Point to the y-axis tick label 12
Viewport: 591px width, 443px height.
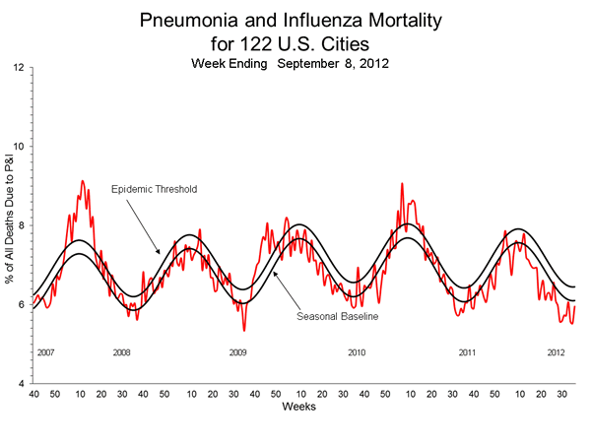pos(19,68)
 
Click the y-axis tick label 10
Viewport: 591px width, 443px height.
pos(19,147)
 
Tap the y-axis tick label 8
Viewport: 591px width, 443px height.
pos(22,225)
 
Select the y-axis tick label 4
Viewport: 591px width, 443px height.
pos(22,383)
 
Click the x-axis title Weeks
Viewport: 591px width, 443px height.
pos(298,406)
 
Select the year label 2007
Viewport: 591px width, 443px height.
pos(46,351)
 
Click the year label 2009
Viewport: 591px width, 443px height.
pos(237,351)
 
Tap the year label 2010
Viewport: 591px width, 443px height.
pos(357,351)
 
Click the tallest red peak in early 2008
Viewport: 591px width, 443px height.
pos(82,181)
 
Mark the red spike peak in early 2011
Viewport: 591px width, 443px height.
pos(401,184)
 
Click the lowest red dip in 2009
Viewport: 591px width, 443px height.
pos(244,330)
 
